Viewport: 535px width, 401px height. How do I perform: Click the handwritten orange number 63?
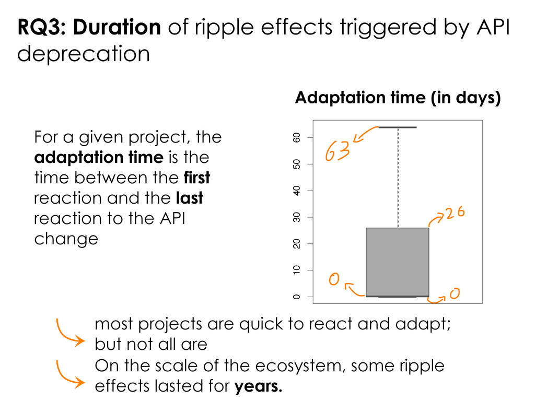tap(337, 152)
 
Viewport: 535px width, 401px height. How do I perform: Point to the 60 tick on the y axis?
tap(297, 137)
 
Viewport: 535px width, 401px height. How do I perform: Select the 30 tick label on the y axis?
tap(297, 217)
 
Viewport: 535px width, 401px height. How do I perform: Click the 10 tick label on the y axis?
tap(297, 270)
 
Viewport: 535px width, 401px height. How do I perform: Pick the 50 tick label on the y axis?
tap(297, 164)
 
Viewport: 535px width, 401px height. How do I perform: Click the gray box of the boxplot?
tap(398, 261)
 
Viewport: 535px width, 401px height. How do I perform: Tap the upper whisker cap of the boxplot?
tap(398, 127)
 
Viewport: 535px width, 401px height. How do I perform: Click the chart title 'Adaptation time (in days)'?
tap(398, 98)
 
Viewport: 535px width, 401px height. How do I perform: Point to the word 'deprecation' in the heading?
tap(84, 54)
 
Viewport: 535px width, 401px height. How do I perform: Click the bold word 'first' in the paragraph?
tap(197, 178)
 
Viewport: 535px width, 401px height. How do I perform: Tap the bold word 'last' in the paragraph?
tap(190, 198)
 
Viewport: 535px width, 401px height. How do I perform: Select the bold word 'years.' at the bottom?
tap(259, 387)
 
